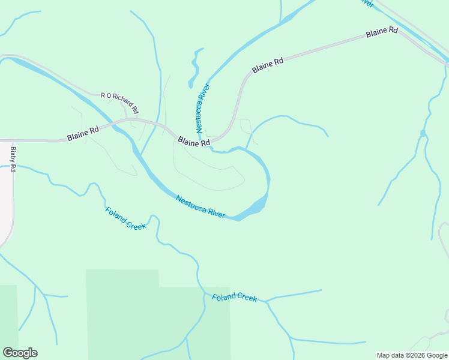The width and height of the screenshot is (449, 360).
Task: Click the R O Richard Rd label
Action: tap(120, 103)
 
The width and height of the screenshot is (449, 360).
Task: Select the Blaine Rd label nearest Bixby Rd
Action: tap(83, 133)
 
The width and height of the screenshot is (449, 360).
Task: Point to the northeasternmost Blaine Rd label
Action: tap(382, 32)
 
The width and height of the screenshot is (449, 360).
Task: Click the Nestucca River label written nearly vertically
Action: tap(203, 107)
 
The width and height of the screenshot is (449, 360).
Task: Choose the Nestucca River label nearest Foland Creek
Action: tap(200, 206)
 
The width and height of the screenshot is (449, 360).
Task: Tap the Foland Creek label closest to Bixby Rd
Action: tap(125, 218)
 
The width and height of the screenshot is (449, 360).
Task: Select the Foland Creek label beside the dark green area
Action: tap(234, 297)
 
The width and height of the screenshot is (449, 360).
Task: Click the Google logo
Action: tap(20, 353)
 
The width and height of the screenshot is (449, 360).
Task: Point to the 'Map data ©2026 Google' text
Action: tap(412, 355)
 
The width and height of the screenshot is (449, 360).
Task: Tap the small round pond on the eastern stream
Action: tap(423, 133)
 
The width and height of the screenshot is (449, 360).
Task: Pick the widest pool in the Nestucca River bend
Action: tap(256, 206)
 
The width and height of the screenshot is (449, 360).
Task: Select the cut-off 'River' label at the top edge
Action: tap(366, 3)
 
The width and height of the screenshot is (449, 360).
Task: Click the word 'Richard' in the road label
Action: tap(125, 104)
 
